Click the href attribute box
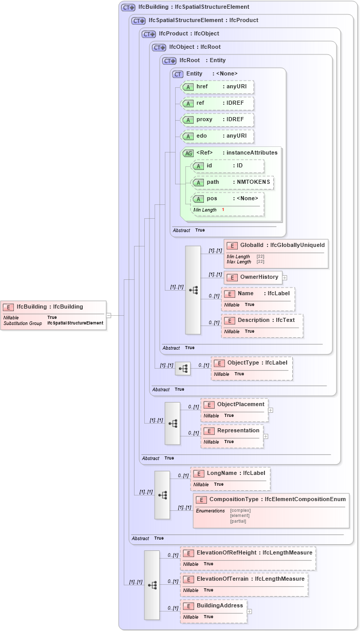point(217,87)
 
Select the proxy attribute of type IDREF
point(217,120)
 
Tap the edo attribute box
point(217,136)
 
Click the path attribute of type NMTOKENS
point(232,182)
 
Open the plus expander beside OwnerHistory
point(285,277)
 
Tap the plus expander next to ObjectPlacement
point(271,410)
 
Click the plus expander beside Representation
point(266,436)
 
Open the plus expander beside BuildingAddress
point(250,611)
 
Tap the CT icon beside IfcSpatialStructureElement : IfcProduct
point(139,21)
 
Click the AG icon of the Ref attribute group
point(188,153)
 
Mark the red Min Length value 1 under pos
point(223,210)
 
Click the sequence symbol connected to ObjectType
point(183,369)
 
